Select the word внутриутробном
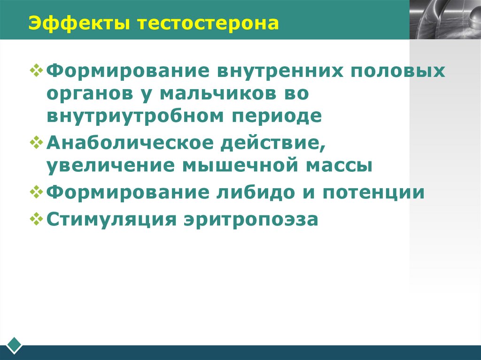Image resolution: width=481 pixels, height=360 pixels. coord(136,115)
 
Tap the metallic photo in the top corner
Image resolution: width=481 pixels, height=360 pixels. coord(444,19)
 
